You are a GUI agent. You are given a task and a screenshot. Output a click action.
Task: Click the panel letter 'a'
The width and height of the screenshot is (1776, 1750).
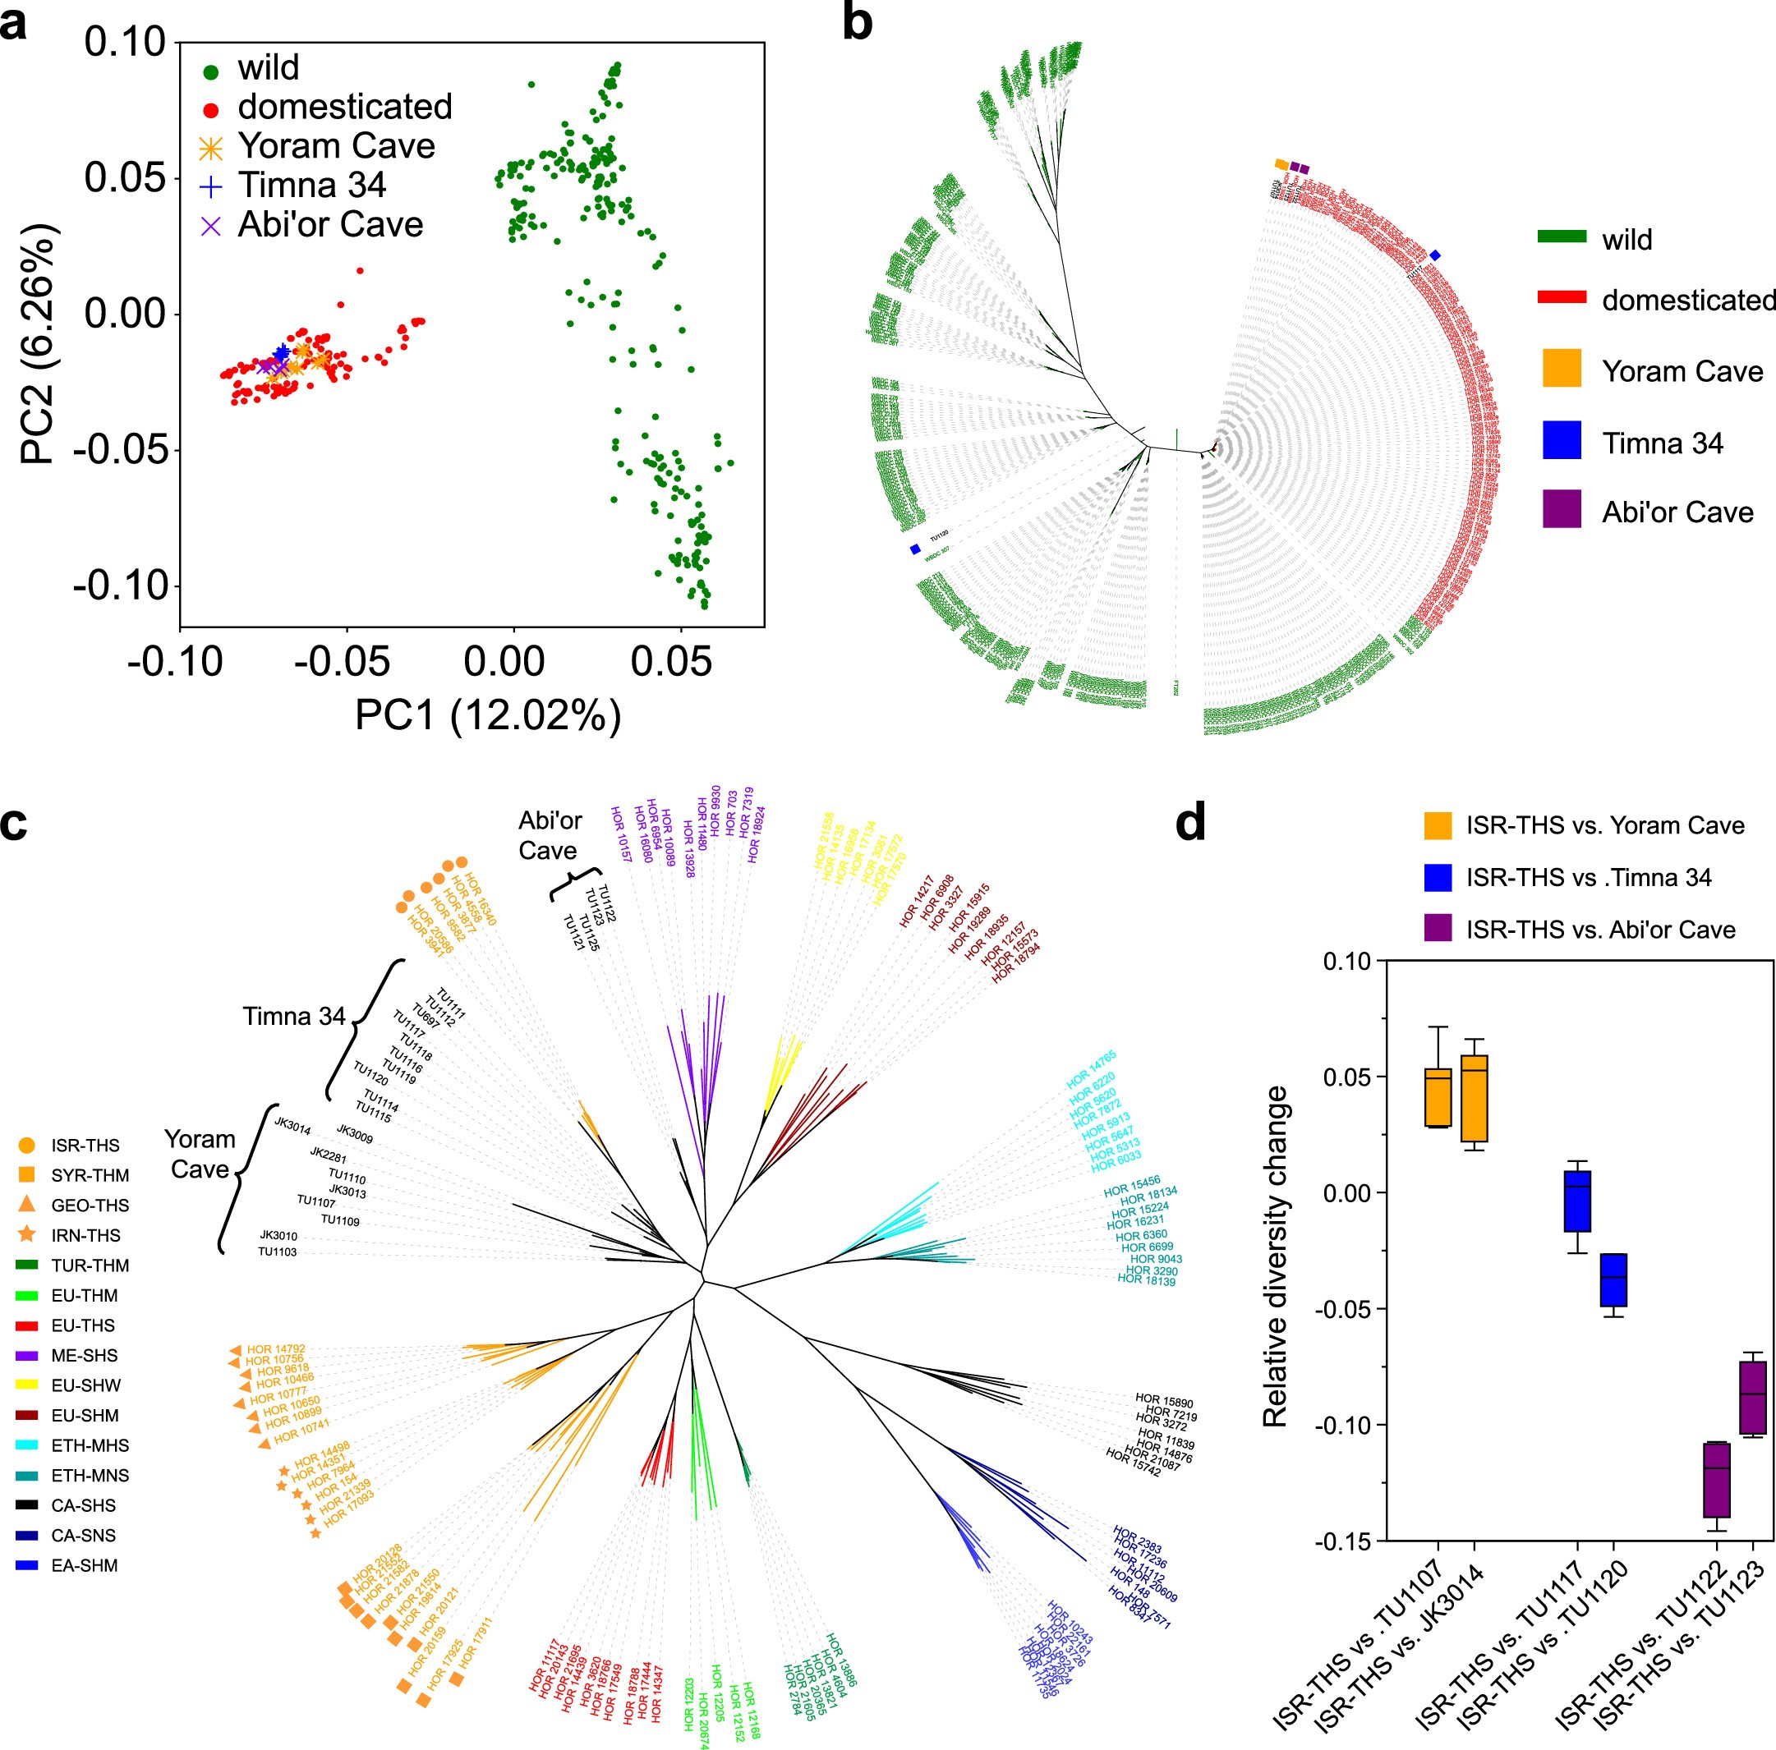click(x=14, y=22)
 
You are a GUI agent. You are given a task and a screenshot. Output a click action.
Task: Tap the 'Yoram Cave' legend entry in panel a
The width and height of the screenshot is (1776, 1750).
click(x=335, y=146)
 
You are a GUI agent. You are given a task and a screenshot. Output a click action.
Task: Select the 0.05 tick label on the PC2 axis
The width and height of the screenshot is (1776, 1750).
click(x=125, y=177)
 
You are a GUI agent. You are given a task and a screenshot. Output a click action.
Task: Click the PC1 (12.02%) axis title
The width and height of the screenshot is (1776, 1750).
click(x=488, y=715)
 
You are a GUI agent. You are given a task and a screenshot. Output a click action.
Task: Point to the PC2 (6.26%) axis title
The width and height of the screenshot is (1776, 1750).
click(x=39, y=345)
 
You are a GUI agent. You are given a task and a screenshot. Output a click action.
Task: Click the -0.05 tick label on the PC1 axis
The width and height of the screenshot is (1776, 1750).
click(x=341, y=662)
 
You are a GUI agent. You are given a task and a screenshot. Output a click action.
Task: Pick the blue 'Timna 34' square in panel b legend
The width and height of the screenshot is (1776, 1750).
click(x=1562, y=440)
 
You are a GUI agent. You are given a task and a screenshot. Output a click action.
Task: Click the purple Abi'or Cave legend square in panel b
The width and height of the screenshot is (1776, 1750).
click(x=1562, y=509)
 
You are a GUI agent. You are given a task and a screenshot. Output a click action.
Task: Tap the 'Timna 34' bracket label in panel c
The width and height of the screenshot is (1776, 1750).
click(x=293, y=1017)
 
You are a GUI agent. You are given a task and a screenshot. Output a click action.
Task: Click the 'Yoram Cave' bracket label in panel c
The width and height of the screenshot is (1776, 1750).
click(x=199, y=1155)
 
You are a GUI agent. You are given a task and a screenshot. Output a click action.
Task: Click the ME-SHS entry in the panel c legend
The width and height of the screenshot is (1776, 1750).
click(x=85, y=1356)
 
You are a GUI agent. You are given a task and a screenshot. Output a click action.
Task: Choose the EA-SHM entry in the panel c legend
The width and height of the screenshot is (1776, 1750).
click(x=85, y=1565)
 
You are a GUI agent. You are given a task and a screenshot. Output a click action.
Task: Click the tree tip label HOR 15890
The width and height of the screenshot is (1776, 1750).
click(x=1164, y=1402)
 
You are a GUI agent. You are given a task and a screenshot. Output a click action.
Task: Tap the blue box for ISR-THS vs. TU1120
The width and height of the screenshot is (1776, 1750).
click(x=1614, y=1279)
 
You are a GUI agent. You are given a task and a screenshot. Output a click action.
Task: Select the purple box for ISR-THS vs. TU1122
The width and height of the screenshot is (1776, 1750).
click(x=1716, y=1480)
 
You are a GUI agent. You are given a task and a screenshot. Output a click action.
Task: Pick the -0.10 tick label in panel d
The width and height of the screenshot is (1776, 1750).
click(x=1346, y=1426)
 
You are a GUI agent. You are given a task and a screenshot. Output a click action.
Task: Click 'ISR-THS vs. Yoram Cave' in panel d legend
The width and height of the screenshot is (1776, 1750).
click(x=1604, y=825)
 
